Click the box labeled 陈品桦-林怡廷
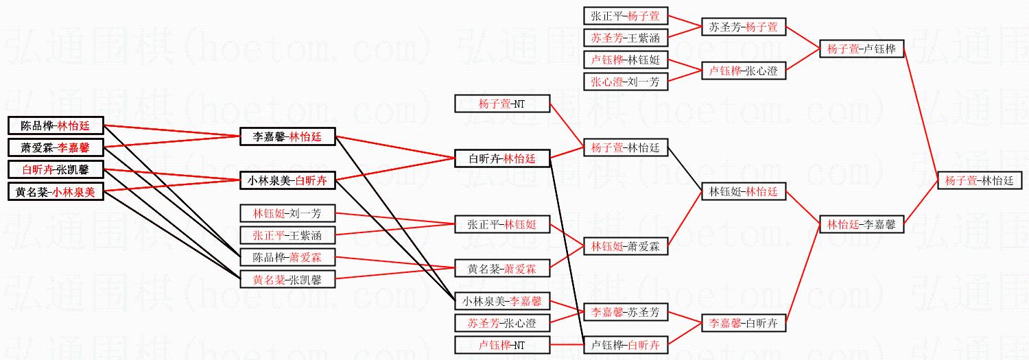click(56, 125)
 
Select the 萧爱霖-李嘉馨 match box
click(56, 147)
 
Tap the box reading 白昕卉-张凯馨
click(56, 169)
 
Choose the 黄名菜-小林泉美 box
click(56, 192)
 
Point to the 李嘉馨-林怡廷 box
click(287, 137)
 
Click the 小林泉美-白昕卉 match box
click(287, 181)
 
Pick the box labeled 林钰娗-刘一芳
click(287, 213)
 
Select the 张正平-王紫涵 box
click(287, 235)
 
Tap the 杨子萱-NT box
click(503, 104)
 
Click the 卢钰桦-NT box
click(503, 345)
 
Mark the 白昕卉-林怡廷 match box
click(503, 159)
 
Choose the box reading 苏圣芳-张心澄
click(503, 323)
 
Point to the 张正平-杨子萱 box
click(626, 16)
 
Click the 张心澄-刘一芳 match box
click(626, 82)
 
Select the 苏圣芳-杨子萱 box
click(743, 27)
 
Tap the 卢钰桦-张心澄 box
click(743, 71)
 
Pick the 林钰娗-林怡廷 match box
click(743, 192)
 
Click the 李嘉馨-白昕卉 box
click(743, 323)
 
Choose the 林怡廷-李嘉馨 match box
click(861, 224)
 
